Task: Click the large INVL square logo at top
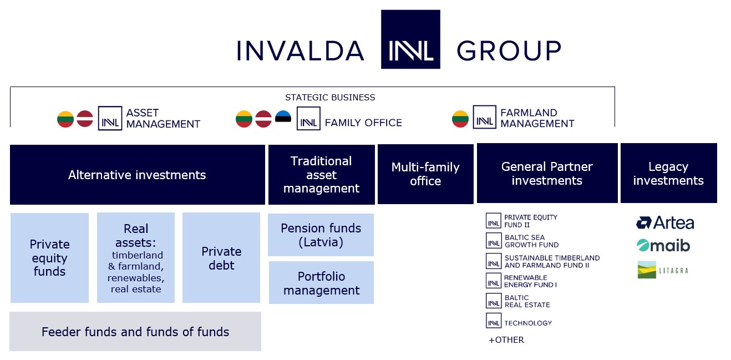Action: tap(410, 39)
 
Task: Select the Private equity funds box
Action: tap(49, 258)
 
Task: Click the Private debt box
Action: tap(221, 258)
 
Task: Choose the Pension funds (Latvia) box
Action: tap(321, 235)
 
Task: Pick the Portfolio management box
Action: tap(322, 283)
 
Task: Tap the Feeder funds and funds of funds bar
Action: tap(135, 332)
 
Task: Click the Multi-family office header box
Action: tap(425, 174)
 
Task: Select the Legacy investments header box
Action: tap(669, 173)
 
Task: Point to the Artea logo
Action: tap(665, 223)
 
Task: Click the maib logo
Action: tap(663, 245)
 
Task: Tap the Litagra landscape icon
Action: tap(647, 270)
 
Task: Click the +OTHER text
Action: tap(506, 340)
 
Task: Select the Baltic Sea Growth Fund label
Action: tap(531, 241)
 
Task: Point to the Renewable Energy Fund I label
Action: tap(530, 281)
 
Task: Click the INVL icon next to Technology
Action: tap(494, 321)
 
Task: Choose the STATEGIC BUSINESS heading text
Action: tap(330, 98)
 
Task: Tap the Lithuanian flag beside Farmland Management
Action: tap(460, 119)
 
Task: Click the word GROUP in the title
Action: tap(509, 51)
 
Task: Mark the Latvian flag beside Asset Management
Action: tap(85, 119)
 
